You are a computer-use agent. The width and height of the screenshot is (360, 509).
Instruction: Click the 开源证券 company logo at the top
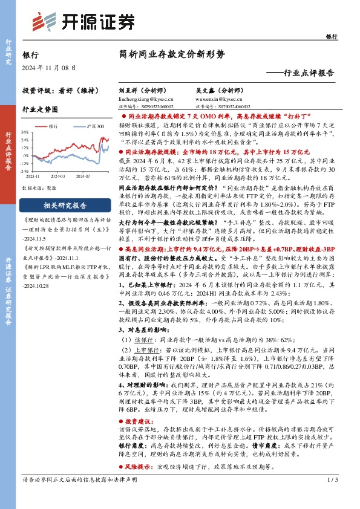(x=83, y=21)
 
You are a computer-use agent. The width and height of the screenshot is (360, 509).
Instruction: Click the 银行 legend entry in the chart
(x=53, y=126)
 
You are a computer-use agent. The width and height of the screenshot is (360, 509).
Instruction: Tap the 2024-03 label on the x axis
(x=58, y=177)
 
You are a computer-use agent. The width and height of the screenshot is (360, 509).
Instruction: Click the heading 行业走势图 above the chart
(x=40, y=110)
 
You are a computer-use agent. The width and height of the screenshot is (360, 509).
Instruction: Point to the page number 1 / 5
(x=332, y=496)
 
